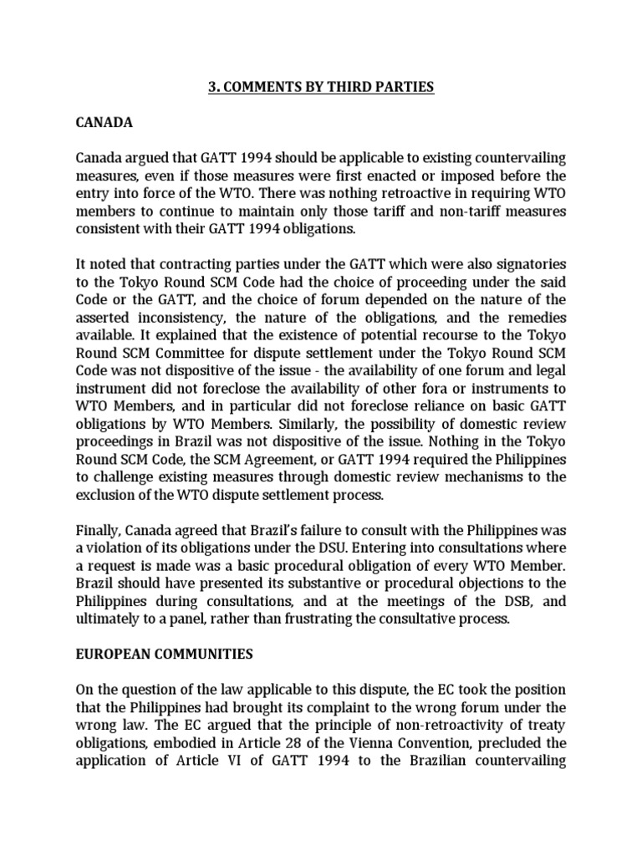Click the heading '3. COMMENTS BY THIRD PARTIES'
pyautogui.click(x=321, y=87)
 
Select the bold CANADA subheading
pyautogui.click(x=104, y=122)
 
